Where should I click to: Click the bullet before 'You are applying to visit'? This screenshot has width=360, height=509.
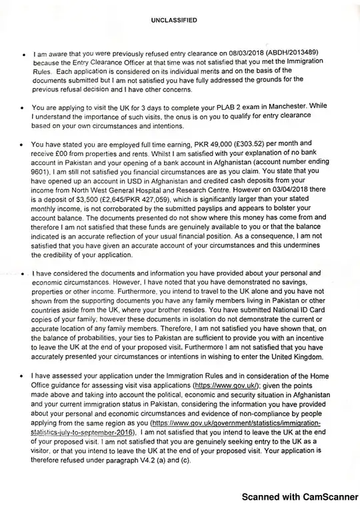click(24, 107)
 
